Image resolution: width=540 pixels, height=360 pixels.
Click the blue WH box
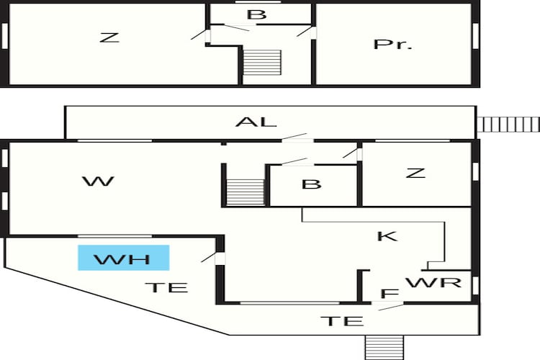click(124, 258)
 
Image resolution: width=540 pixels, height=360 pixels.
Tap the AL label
click(256, 122)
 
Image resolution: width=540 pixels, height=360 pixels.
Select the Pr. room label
click(393, 44)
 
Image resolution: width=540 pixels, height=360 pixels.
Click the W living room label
click(98, 181)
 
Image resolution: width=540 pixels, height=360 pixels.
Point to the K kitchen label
click(387, 236)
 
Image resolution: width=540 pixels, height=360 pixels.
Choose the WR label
click(433, 282)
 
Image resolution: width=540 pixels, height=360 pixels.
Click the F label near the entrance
click(390, 294)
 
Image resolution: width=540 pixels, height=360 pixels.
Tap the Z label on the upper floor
click(109, 37)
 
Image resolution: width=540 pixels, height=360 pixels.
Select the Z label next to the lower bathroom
click(415, 173)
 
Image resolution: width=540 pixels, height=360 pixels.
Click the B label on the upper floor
click(257, 14)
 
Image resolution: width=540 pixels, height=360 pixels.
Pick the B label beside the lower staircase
click(312, 184)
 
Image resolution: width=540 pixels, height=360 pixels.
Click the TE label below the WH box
click(167, 287)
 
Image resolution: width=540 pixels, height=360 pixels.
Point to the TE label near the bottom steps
click(342, 321)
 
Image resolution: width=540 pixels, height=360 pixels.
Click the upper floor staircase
click(262, 63)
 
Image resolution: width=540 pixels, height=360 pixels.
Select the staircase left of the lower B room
click(245, 192)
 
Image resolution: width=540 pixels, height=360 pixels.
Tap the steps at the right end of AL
click(508, 125)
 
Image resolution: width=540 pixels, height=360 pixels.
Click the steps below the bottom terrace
click(384, 348)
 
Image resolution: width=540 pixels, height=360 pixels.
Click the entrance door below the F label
click(388, 305)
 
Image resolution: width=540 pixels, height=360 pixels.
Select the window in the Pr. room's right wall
click(475, 36)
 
